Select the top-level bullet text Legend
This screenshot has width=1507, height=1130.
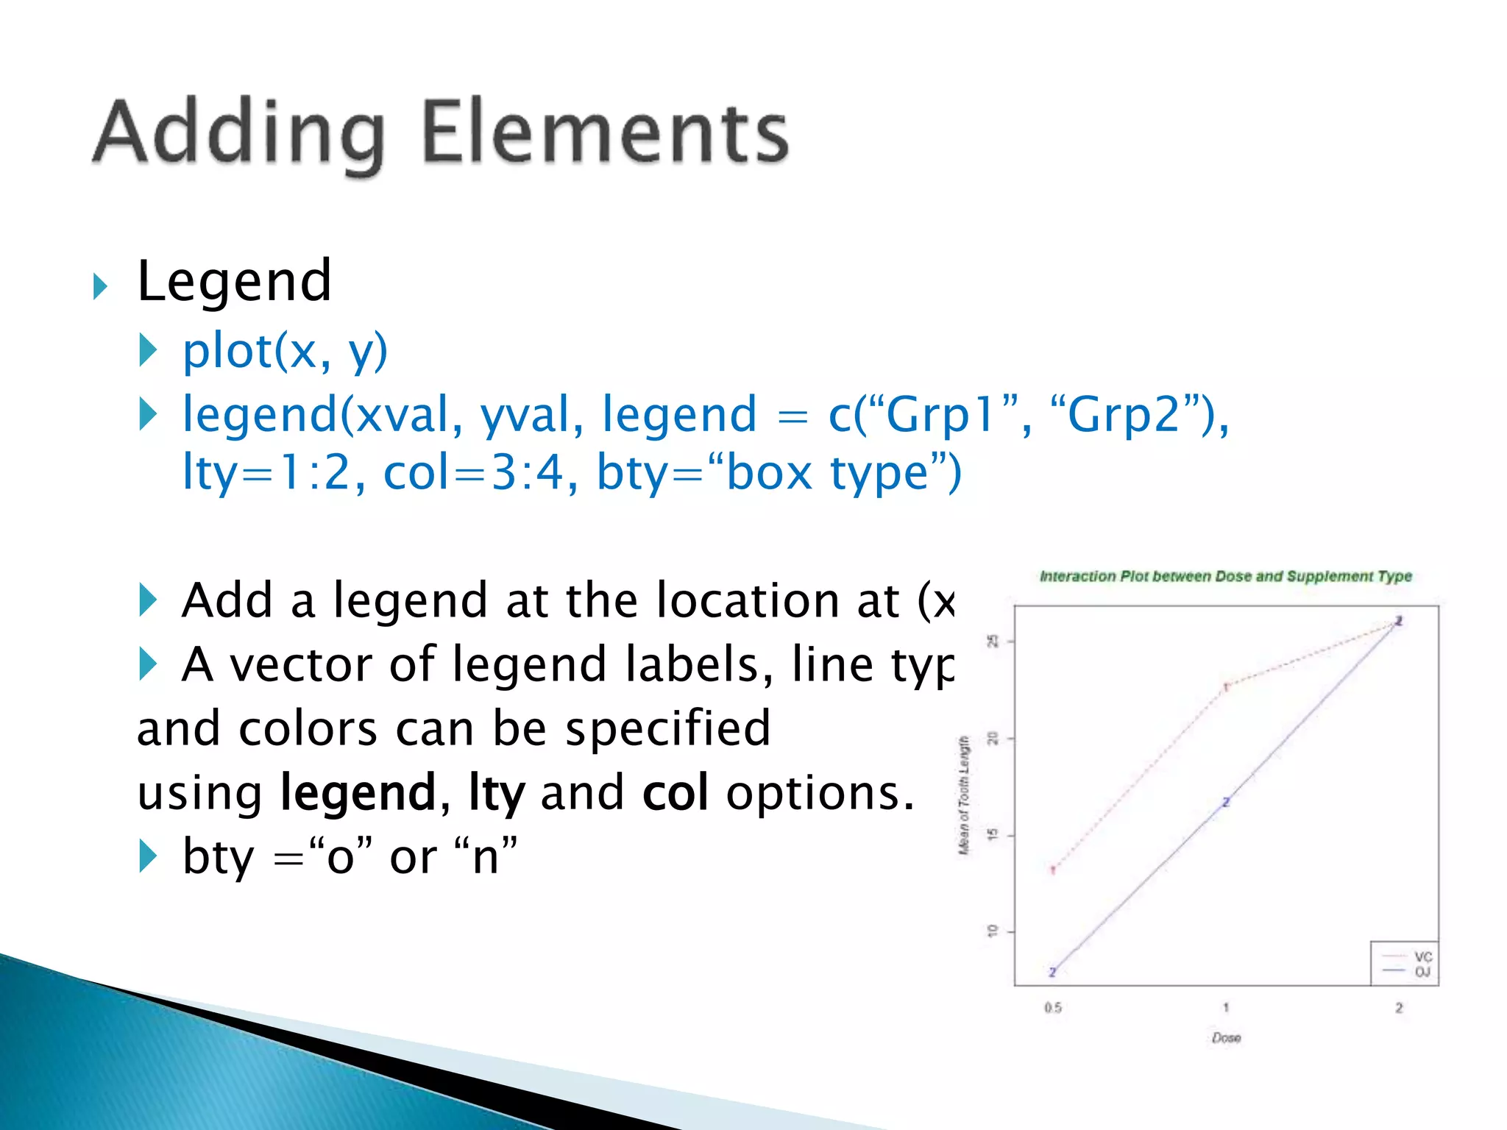234,281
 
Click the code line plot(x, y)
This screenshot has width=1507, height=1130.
285,351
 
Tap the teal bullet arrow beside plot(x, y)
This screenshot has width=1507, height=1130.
148,350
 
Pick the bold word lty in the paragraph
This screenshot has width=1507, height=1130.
497,793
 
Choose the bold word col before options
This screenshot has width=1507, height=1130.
675,793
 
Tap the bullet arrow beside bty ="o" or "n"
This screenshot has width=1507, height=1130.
148,856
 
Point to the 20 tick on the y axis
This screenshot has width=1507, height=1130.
993,738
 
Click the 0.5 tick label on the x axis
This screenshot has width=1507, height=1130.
1052,1008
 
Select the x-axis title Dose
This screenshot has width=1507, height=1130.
1226,1038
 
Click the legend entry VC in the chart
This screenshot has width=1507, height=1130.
1423,957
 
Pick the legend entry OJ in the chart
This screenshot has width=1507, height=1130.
1422,973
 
